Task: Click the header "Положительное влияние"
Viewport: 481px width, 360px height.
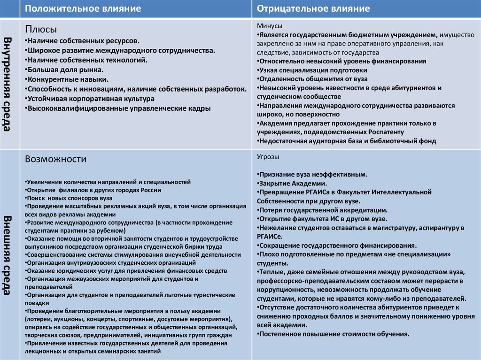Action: coord(83,9)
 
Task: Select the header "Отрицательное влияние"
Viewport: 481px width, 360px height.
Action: coord(313,9)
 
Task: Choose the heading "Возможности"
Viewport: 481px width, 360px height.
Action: coord(55,159)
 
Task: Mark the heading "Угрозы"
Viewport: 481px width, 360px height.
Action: coord(268,156)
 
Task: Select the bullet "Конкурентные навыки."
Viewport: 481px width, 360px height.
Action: coord(68,79)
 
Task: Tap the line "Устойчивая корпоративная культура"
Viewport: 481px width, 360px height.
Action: coord(90,99)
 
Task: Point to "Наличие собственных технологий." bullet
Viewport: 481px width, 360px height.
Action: coord(87,60)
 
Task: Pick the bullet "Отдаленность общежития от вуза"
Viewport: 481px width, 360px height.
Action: coord(312,79)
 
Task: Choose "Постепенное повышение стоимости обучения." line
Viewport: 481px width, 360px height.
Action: coord(333,334)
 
